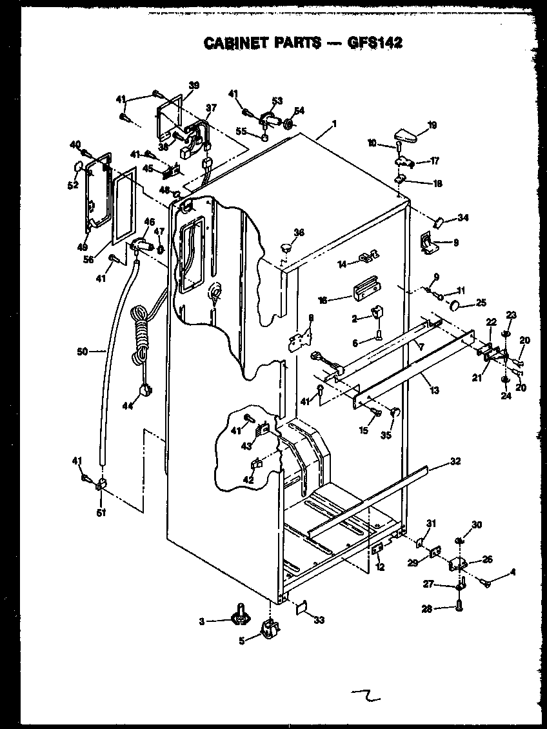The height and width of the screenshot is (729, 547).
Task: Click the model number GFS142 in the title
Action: click(x=373, y=43)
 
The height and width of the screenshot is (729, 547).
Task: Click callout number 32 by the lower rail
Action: click(x=455, y=461)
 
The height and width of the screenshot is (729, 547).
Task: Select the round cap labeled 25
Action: click(x=456, y=304)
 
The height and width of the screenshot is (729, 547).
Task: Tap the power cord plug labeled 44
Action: click(x=146, y=390)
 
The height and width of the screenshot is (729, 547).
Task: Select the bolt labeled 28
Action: click(x=459, y=606)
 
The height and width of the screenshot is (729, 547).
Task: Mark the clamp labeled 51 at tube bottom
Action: click(x=101, y=486)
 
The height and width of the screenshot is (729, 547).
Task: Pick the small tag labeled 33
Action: click(x=301, y=606)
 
